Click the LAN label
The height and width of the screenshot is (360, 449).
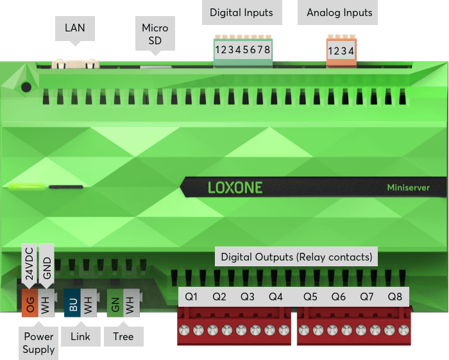pos(75,28)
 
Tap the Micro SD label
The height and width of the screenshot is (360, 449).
pos(155,34)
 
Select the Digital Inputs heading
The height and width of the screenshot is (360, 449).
pos(241,12)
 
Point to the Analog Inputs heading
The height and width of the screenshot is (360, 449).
pos(339,12)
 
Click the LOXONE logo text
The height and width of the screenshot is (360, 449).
pos(235,187)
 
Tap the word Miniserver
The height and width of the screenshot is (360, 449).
pos(408,187)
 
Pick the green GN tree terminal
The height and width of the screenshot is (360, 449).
pos(115,303)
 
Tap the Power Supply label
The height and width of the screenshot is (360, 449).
pos(38,343)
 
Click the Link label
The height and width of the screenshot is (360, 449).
pos(80,336)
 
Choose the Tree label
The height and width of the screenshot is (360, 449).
pos(123,336)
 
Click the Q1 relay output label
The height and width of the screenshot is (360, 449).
pos(191,296)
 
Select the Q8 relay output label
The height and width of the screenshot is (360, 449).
pos(395,296)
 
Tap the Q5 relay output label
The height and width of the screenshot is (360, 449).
pos(310,296)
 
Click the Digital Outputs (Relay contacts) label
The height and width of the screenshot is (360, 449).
pos(296,257)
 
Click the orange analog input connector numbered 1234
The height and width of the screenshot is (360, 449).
pos(341,51)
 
